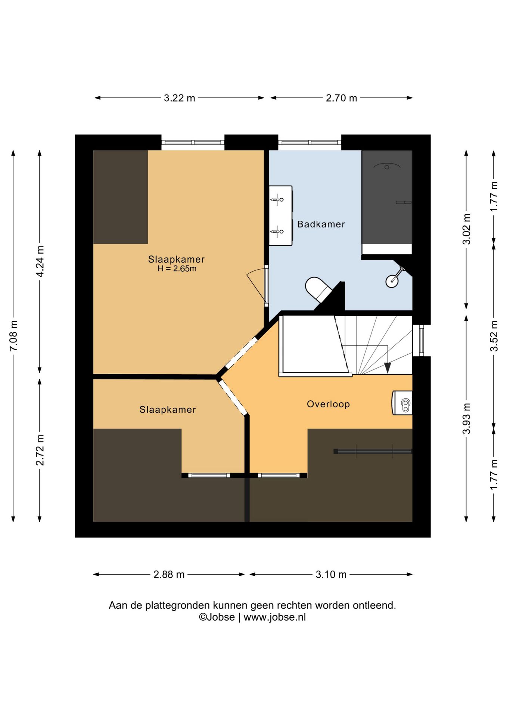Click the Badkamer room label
point(321,224)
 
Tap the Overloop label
point(328,404)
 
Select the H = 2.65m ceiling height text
point(177,269)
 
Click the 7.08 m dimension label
point(13,336)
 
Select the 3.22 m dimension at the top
point(180,98)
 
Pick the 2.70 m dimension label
point(341,98)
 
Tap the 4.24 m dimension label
point(40,261)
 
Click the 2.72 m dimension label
point(40,450)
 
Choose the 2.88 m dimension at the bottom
point(169,574)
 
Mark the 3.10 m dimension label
point(331,574)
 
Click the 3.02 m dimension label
point(466,229)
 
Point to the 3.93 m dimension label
point(466,419)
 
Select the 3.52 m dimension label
point(494,336)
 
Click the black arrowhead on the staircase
point(388,368)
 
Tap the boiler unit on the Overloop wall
point(402,403)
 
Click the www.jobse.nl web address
point(274,617)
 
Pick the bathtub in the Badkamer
point(387,202)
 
